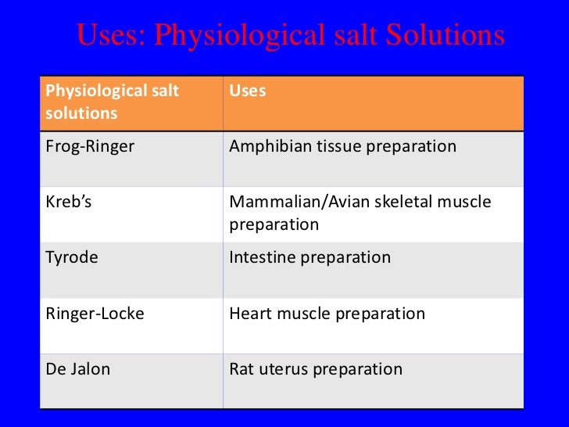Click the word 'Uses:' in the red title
click(110, 35)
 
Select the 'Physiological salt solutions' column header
click(113, 102)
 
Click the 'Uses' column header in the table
click(247, 91)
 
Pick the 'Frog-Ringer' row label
click(90, 146)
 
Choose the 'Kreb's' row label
click(69, 202)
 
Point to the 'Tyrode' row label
click(72, 257)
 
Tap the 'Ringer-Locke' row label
click(95, 314)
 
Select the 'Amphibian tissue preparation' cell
click(342, 146)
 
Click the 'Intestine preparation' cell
click(310, 257)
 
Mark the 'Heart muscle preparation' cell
click(327, 314)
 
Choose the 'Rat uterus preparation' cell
click(316, 369)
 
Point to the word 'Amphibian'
click(267, 146)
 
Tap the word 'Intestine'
click(261, 257)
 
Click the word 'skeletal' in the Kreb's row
click(393, 202)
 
